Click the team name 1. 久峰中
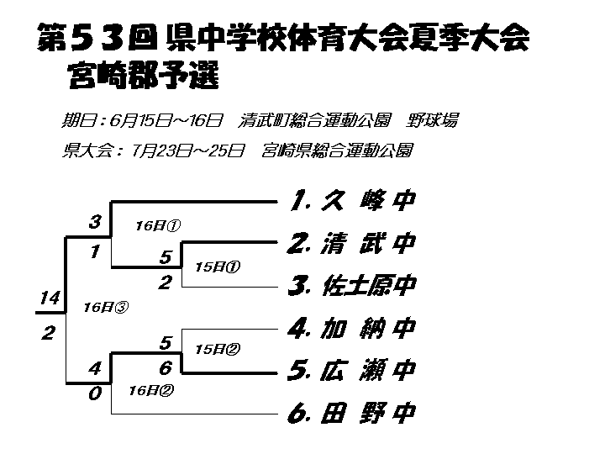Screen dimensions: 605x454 (352, 200)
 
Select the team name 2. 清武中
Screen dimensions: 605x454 (351, 243)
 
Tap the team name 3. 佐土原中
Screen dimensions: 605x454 (352, 285)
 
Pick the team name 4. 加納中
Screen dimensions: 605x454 (351, 328)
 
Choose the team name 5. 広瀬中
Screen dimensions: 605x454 (351, 370)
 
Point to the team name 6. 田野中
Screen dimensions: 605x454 (351, 413)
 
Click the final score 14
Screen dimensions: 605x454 (50, 298)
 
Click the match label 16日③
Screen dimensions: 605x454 (106, 308)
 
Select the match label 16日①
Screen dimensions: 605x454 (158, 225)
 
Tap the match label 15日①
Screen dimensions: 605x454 (218, 267)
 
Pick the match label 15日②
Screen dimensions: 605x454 (218, 350)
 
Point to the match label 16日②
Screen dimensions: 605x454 (151, 390)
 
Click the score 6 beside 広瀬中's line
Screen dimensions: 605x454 (166, 367)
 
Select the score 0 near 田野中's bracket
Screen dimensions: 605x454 (95, 393)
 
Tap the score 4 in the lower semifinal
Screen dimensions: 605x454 (95, 368)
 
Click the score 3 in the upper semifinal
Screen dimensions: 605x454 (95, 222)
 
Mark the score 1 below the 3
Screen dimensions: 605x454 (95, 251)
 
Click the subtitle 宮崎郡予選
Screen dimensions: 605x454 (144, 75)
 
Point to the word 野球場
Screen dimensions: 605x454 (432, 120)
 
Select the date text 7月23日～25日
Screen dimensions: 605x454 (188, 150)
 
